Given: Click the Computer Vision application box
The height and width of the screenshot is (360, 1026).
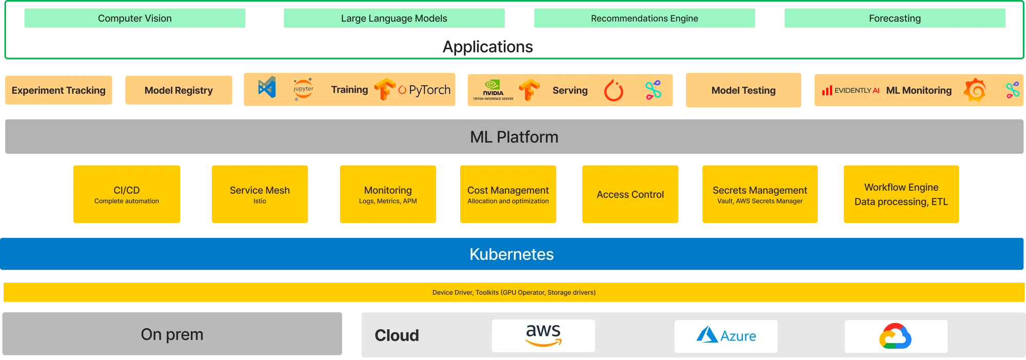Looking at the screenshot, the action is tap(135, 18).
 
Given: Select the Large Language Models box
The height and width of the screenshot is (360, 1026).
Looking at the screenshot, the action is tap(394, 18).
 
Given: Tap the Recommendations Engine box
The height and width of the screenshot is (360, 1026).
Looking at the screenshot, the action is tap(644, 18).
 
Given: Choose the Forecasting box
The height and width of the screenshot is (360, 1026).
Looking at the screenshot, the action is tap(895, 18).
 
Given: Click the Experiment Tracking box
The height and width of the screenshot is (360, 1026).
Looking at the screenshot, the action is tap(58, 90).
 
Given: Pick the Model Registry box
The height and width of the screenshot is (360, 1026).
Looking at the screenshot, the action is tap(179, 90).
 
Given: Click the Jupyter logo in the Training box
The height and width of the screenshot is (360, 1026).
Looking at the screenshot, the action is tap(303, 89).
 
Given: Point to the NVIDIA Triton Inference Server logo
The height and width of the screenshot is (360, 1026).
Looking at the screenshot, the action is tap(493, 90).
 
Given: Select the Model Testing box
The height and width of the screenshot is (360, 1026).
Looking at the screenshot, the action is tap(743, 90).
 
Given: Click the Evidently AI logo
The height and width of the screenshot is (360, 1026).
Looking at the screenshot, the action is tap(851, 91).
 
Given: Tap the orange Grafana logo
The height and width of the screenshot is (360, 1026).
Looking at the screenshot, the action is tap(975, 90).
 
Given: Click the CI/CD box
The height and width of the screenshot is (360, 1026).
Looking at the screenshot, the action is tap(127, 194).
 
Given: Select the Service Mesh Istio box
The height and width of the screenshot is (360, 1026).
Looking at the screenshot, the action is tap(260, 194).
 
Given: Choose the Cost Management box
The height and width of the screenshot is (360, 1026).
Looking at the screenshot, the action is tap(508, 194).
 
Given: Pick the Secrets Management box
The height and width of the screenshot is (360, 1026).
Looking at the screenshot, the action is tap(760, 194).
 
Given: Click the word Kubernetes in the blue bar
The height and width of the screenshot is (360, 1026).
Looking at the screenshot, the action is tap(511, 254).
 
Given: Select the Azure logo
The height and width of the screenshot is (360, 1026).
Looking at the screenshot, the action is tap(726, 336).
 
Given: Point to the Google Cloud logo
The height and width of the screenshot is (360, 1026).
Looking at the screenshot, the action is tap(896, 336).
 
